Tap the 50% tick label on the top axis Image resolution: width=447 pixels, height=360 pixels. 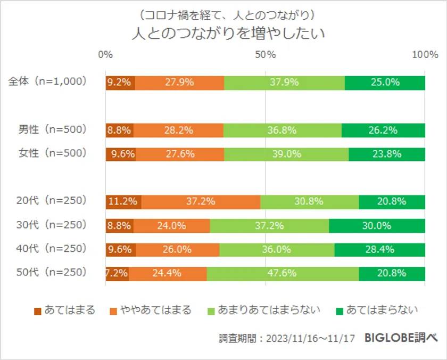[265, 54]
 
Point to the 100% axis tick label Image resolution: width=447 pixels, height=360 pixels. [425, 54]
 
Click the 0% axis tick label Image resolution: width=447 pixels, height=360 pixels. [106, 54]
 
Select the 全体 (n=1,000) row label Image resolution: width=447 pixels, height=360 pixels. [47, 83]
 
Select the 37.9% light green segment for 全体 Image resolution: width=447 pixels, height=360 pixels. [284, 83]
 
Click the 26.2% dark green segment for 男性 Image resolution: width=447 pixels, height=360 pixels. [383, 129]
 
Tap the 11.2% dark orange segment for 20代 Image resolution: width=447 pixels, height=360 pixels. [123, 201]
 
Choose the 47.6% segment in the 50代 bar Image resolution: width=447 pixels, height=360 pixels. [283, 273]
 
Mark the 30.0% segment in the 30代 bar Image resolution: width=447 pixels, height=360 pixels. [377, 225]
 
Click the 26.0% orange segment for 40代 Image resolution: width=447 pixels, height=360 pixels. [177, 249]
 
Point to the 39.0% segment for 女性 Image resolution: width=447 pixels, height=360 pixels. [286, 154]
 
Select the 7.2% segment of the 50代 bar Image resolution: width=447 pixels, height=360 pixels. [117, 273]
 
